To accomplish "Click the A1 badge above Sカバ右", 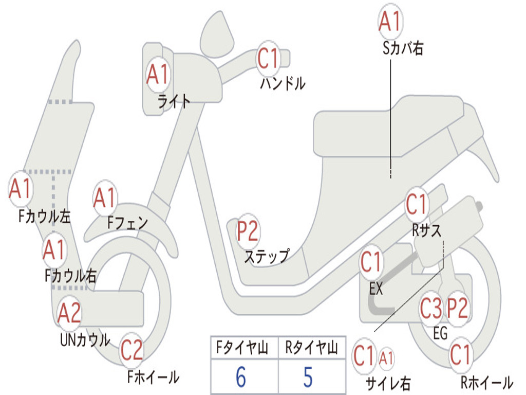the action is pyautogui.click(x=390, y=21).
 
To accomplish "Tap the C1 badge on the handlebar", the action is pyautogui.click(x=268, y=59).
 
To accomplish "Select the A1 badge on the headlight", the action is pyautogui.click(x=158, y=74).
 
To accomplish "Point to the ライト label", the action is pyautogui.click(x=174, y=101).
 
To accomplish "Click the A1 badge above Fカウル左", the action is pyautogui.click(x=21, y=189).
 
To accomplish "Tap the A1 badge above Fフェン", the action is pyautogui.click(x=105, y=198).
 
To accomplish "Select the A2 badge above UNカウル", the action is pyautogui.click(x=69, y=313).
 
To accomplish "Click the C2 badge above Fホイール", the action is pyautogui.click(x=132, y=350).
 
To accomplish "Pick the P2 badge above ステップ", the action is pyautogui.click(x=248, y=231).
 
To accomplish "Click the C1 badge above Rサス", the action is pyautogui.click(x=417, y=204).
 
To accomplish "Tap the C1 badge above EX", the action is pyautogui.click(x=371, y=262).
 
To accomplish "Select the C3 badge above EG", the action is pyautogui.click(x=431, y=309).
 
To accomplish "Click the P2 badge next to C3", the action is pyautogui.click(x=457, y=309).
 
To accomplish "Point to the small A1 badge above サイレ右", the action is pyautogui.click(x=386, y=358).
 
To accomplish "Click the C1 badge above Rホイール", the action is pyautogui.click(x=461, y=355).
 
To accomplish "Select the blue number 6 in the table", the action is pyautogui.click(x=241, y=376).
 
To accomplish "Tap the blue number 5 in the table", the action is pyautogui.click(x=308, y=376).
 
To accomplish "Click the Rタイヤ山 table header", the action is pyautogui.click(x=312, y=348).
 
